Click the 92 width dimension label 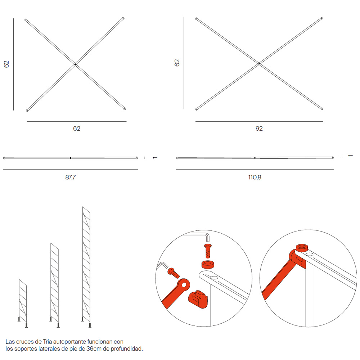click(259, 129)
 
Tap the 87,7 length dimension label click(70, 177)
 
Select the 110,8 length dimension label click(255, 177)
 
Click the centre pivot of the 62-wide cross click(75, 64)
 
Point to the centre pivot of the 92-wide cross click(259, 64)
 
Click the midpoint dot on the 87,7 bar click(71, 158)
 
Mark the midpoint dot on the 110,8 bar click(255, 158)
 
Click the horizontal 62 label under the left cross click(77, 129)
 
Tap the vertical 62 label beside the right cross click(177, 63)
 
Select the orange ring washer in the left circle click(208, 265)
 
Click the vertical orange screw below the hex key click(208, 251)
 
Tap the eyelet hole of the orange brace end click(184, 285)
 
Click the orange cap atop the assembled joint click(302, 248)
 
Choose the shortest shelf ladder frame click(23, 303)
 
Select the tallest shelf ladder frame click(86, 267)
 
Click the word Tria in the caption click(47, 342)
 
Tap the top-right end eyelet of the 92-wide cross click(321, 18)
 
